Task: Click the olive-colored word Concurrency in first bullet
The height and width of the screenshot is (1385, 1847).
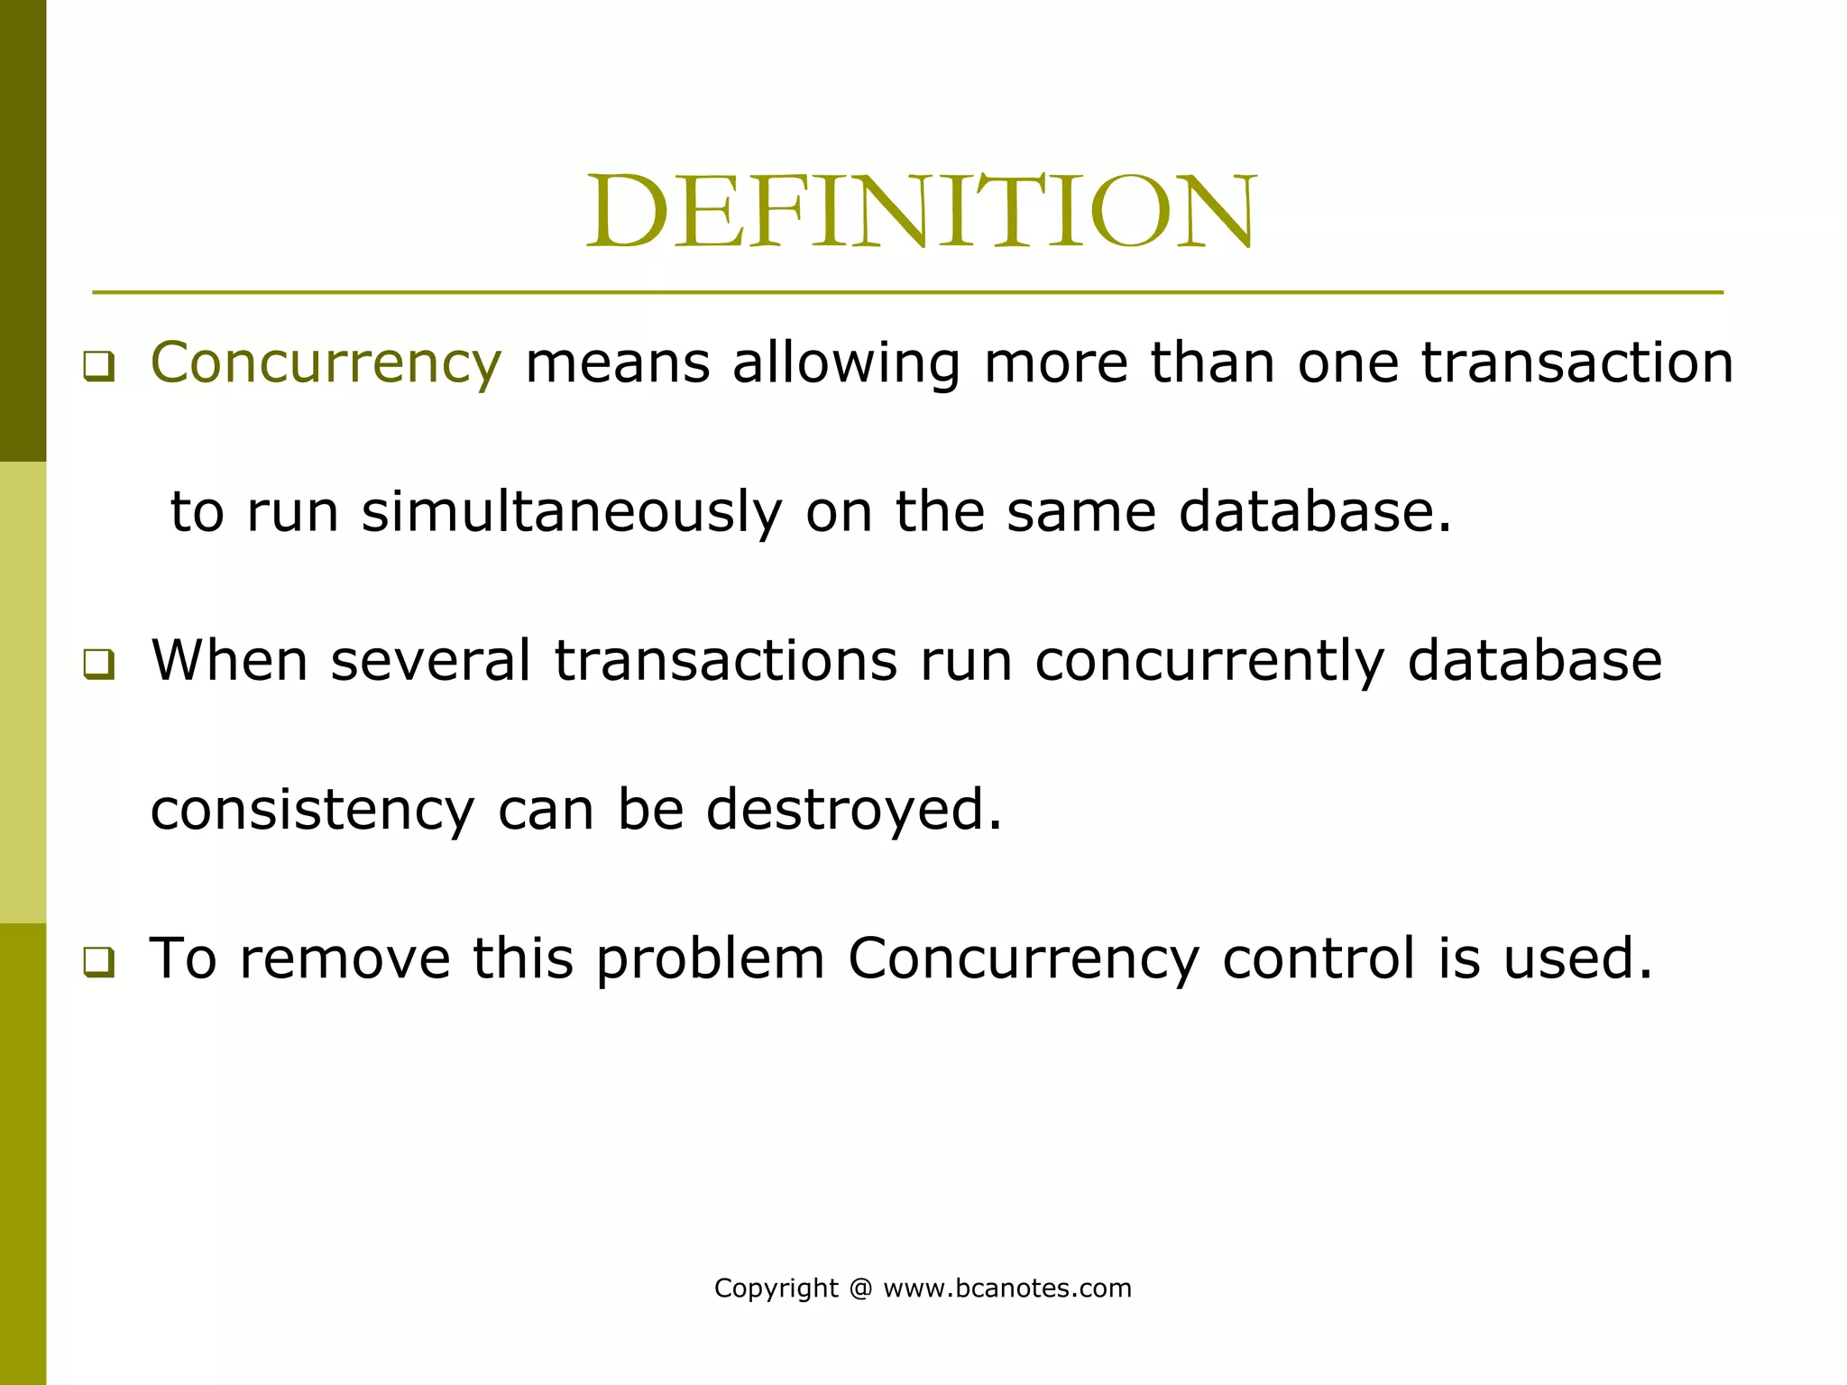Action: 326,363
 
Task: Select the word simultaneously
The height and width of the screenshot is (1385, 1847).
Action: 572,512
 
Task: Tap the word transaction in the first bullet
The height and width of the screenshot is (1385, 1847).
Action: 1577,363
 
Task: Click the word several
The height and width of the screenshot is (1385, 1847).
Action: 430,660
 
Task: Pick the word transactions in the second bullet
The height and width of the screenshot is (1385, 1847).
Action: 725,660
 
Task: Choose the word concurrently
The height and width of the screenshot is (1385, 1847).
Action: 1209,662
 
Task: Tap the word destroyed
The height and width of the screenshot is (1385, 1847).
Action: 853,810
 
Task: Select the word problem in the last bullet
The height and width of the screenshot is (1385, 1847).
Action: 711,958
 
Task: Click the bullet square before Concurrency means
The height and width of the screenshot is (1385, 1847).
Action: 99,366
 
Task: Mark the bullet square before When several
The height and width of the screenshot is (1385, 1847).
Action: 99,665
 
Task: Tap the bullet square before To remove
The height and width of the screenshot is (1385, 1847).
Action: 99,962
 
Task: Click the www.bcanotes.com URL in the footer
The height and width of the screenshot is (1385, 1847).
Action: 1007,1289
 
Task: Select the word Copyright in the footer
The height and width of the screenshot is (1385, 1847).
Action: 776,1289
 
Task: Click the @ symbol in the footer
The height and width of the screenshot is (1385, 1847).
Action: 861,1289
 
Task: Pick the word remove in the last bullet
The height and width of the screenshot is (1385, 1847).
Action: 345,958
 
